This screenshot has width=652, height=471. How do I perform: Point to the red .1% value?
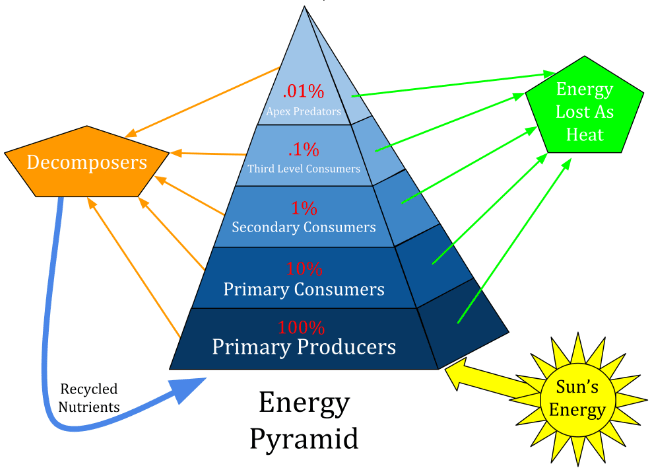303,150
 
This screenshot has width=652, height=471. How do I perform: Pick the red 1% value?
304,209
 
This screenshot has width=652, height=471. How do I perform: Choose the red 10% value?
304,268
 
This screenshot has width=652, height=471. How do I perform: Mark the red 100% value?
303,327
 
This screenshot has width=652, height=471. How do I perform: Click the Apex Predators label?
303,111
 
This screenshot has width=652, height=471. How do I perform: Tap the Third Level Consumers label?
303,169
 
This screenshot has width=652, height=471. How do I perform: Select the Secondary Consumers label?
304,228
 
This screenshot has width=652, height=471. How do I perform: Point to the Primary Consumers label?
304,289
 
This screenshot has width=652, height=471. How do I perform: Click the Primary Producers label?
304,348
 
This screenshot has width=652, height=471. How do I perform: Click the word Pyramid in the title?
303,437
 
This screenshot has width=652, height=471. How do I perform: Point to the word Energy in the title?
303,402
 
